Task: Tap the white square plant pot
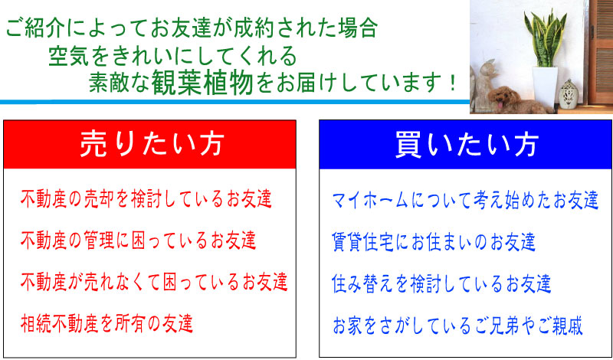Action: [x=545, y=86]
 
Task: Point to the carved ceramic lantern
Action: [x=569, y=94]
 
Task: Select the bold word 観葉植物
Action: [x=203, y=83]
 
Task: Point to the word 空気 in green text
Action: [x=67, y=57]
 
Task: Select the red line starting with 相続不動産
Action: [x=107, y=323]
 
